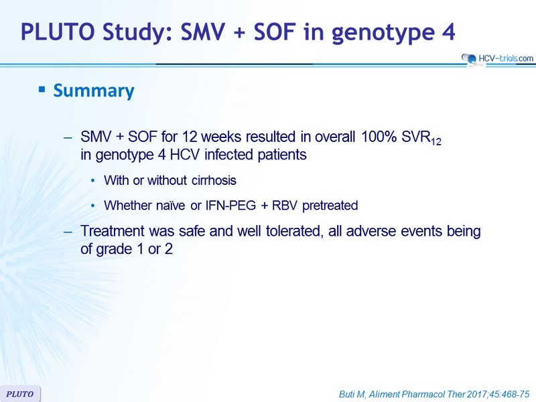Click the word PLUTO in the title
(x=58, y=31)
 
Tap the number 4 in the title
(x=448, y=31)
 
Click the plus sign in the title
(x=239, y=32)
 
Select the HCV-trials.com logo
(x=496, y=59)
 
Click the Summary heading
(x=94, y=91)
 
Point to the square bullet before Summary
(x=42, y=90)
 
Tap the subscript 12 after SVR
(x=436, y=141)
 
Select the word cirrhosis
(x=214, y=180)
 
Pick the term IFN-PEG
(x=230, y=206)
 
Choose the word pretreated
(x=330, y=206)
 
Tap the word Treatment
(x=113, y=231)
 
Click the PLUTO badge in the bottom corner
(x=20, y=394)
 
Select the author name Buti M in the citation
(x=352, y=395)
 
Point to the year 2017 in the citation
(x=477, y=394)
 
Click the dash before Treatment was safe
(x=68, y=232)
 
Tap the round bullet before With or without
(x=92, y=181)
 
